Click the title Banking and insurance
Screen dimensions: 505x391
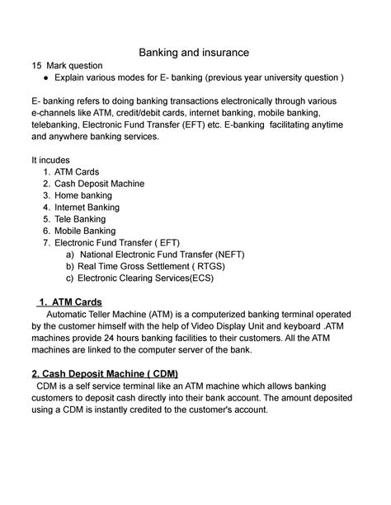tap(195, 53)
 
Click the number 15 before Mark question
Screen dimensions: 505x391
tap(36, 65)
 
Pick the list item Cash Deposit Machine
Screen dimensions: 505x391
tap(99, 184)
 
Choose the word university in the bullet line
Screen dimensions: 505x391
tap(280, 77)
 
